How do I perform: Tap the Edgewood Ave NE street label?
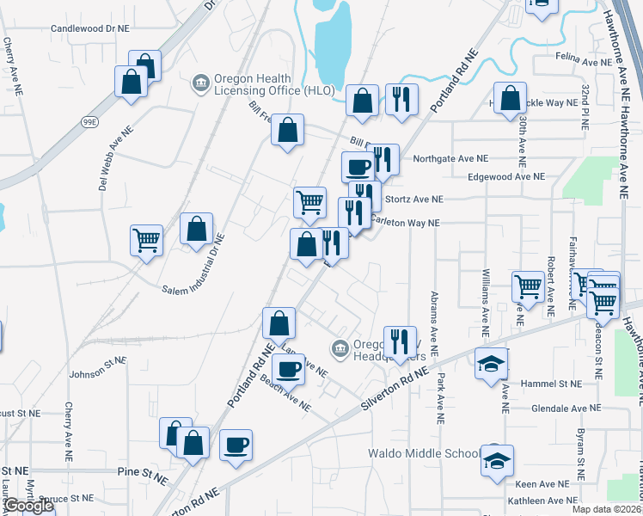506,176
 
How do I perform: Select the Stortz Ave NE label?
414,199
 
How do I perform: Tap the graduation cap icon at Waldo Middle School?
497,460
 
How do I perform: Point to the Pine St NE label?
142,472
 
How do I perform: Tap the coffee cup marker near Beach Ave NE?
289,368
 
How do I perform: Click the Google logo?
28,505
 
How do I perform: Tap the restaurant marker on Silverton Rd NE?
399,341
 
